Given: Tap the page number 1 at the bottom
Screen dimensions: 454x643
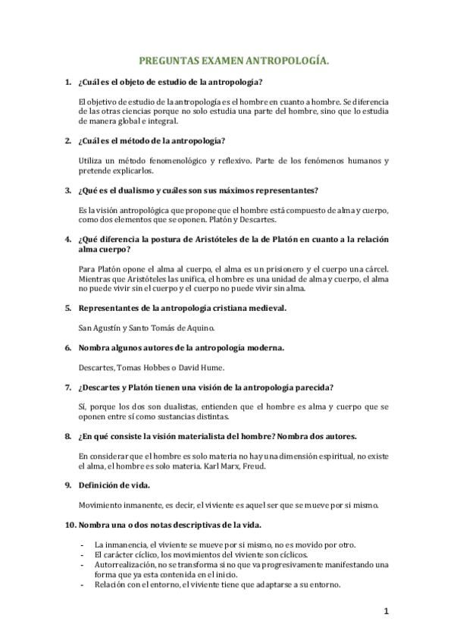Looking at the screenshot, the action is (x=386, y=611).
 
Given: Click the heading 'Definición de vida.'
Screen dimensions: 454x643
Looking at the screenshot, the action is (x=114, y=485).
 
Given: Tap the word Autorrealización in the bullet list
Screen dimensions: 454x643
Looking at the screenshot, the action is (x=124, y=565).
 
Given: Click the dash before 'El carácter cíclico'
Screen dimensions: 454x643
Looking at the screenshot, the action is (x=81, y=555).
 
